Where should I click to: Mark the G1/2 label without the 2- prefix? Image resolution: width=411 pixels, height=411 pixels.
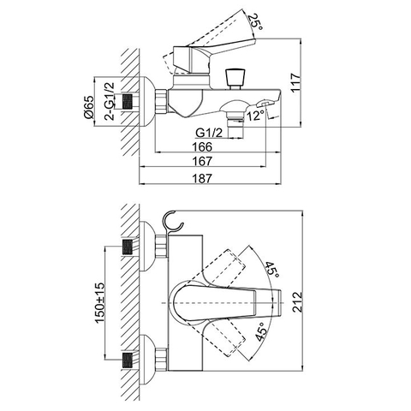point(210,132)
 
